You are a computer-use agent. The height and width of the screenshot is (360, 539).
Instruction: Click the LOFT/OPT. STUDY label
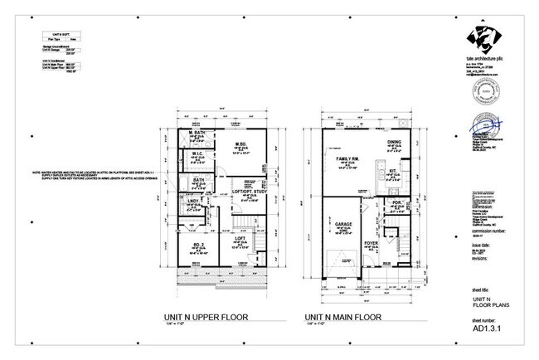[x=245, y=190]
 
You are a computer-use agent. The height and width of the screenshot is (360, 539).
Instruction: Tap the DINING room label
[x=395, y=142]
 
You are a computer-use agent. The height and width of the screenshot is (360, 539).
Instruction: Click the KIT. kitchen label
[x=395, y=172]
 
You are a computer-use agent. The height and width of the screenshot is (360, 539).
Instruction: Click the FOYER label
[x=371, y=243]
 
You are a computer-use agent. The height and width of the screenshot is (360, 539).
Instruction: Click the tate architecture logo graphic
[x=486, y=38]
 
